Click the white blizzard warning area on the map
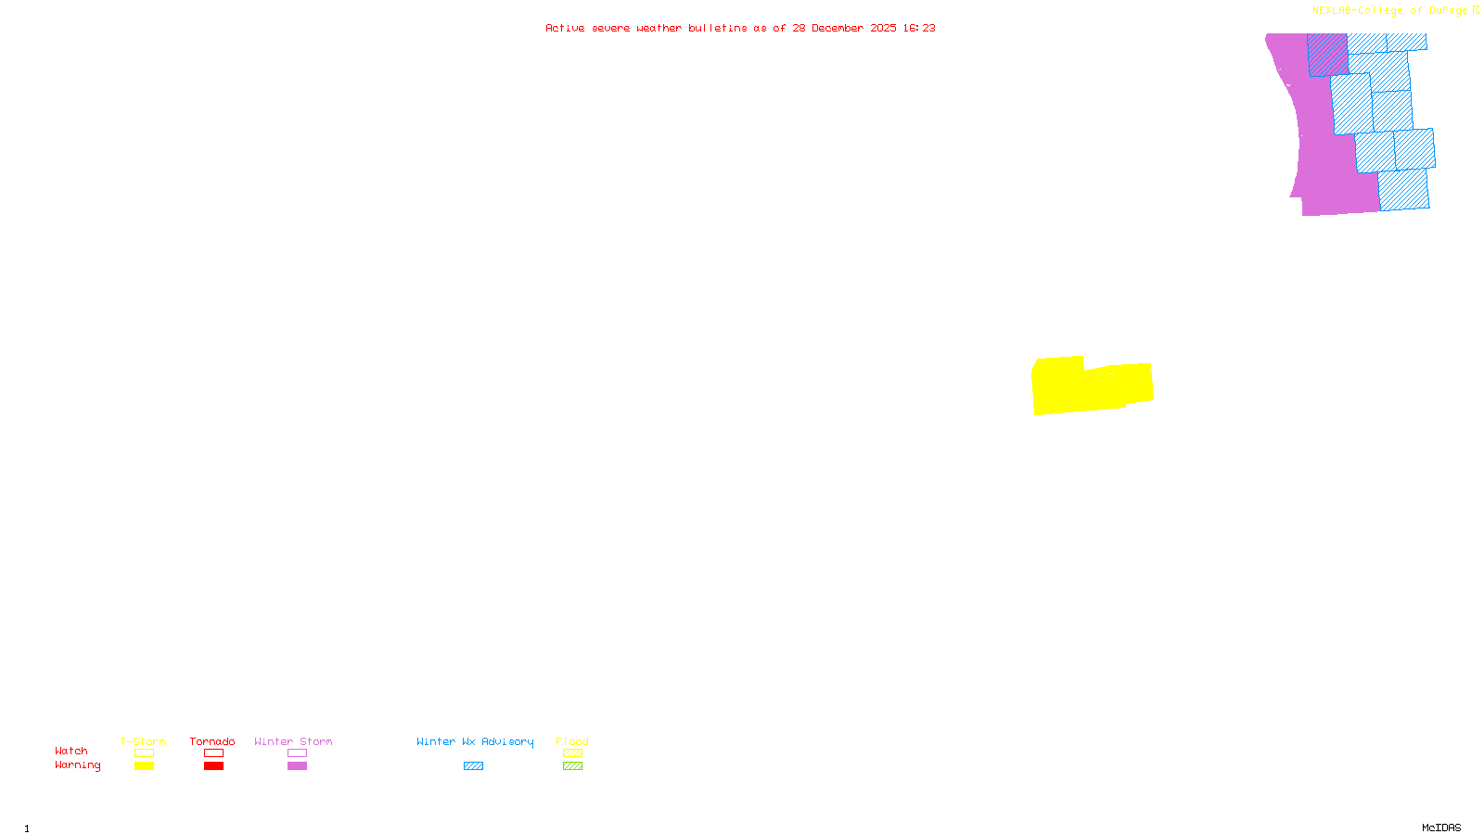pos(652,57)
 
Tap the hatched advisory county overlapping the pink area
pos(1327,55)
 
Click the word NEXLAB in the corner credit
pos(1332,11)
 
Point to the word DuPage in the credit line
pos(1448,11)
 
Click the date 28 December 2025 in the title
pos(844,28)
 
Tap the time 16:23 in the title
pos(919,28)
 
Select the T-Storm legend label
pos(143,741)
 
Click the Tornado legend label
pos(212,741)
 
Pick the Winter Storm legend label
pos(293,741)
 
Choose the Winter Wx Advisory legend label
pos(475,741)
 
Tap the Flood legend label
pos(572,741)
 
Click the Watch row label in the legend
pos(71,751)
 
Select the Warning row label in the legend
pos(78,765)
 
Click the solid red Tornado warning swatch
pos(213,766)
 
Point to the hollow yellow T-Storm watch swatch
pos(144,753)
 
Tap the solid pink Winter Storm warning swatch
pos(297,766)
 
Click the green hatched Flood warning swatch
pos(572,766)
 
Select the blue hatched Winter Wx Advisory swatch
pos(473,766)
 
